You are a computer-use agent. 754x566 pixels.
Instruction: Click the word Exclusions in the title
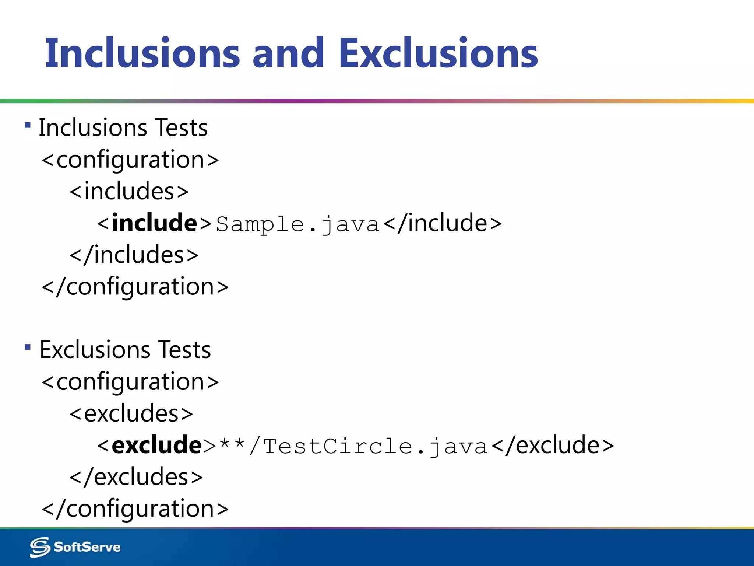point(438,53)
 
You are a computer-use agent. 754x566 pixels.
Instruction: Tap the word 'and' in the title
point(288,53)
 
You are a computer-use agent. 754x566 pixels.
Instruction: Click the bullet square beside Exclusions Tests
point(28,347)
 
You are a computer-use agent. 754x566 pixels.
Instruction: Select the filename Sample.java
point(297,224)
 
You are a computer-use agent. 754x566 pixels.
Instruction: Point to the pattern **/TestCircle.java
point(353,446)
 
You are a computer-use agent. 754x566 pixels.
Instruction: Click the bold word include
point(155,223)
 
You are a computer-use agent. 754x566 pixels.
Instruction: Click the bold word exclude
point(157,445)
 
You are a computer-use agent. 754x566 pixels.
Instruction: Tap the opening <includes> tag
point(129,191)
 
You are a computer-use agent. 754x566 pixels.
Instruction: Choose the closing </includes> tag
point(134,255)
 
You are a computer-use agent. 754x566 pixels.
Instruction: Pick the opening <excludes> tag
point(131,413)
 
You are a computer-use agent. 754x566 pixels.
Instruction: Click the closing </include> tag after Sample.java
point(443,223)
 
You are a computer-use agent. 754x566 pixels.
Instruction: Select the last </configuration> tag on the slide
point(135,509)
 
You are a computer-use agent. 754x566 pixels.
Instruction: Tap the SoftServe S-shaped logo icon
point(40,547)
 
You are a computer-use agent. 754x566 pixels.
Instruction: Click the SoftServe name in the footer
point(87,547)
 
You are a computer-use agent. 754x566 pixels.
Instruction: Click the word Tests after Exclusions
point(184,350)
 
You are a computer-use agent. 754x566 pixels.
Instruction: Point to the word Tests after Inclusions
point(181,128)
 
